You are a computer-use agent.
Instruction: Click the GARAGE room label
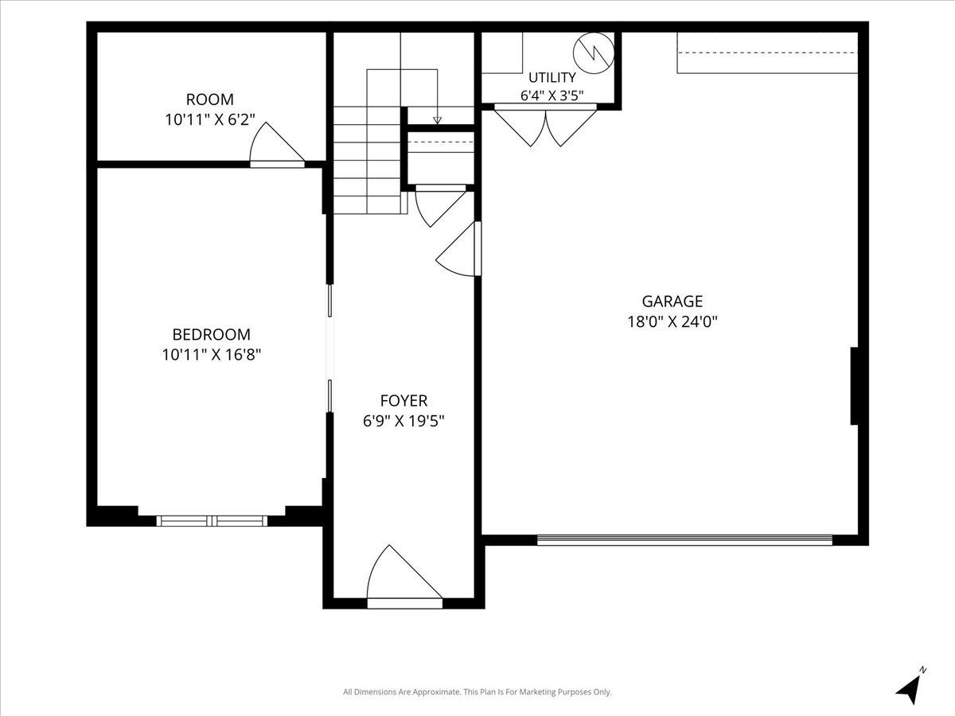[x=672, y=301]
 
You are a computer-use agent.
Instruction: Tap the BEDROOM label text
[x=212, y=334]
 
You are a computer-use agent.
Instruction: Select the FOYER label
[x=403, y=400]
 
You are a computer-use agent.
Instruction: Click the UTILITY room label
[x=552, y=77]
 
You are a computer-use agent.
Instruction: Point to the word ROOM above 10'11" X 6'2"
[x=210, y=99]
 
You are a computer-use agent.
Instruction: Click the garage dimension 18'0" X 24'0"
[x=672, y=321]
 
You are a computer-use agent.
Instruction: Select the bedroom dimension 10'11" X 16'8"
[x=212, y=355]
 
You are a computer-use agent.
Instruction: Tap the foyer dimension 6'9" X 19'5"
[x=403, y=421]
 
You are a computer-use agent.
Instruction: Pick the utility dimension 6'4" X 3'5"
[x=552, y=95]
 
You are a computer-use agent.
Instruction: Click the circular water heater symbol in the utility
[x=594, y=53]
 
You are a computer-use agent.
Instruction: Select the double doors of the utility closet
[x=545, y=126]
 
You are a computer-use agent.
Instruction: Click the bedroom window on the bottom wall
[x=212, y=521]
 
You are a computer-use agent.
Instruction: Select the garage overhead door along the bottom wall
[x=684, y=540]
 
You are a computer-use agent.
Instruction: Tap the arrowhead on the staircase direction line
[x=437, y=120]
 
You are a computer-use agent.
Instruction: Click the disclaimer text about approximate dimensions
[x=477, y=691]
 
